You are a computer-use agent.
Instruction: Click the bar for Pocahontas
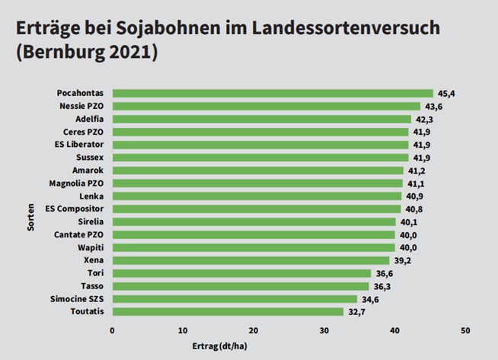click(272, 93)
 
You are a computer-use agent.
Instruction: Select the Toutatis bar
click(227, 311)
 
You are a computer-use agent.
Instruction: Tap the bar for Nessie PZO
click(266, 106)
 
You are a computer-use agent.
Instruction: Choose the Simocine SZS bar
click(234, 298)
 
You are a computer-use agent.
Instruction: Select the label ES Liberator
click(79, 145)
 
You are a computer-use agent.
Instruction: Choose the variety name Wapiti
click(91, 247)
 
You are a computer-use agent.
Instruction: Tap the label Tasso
click(93, 286)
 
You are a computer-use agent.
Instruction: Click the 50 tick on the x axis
click(465, 330)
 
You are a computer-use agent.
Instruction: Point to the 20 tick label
click(254, 330)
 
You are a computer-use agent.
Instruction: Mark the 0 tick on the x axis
click(112, 330)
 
